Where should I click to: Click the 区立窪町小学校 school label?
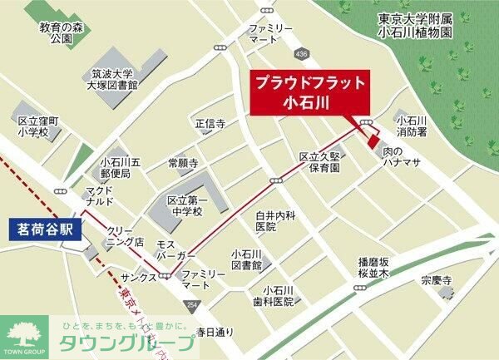[34, 126]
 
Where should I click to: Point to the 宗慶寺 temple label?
[435, 280]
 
